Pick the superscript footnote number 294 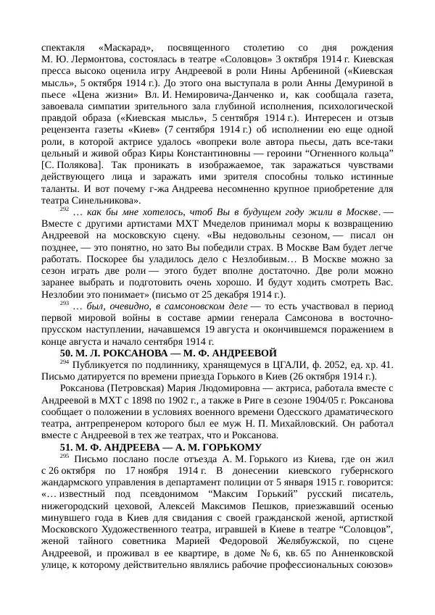click(64, 361)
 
